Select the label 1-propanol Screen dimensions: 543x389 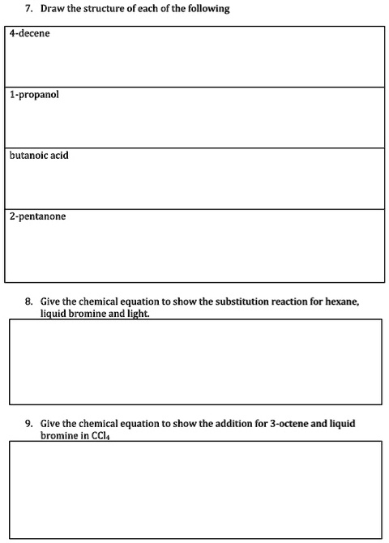click(34, 95)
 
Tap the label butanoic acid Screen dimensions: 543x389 click(39, 156)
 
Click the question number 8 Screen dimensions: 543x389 click(29, 301)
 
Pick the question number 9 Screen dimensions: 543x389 click(29, 424)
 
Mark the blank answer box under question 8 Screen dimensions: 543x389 click(194, 361)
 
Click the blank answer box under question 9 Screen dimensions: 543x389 click(194, 490)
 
